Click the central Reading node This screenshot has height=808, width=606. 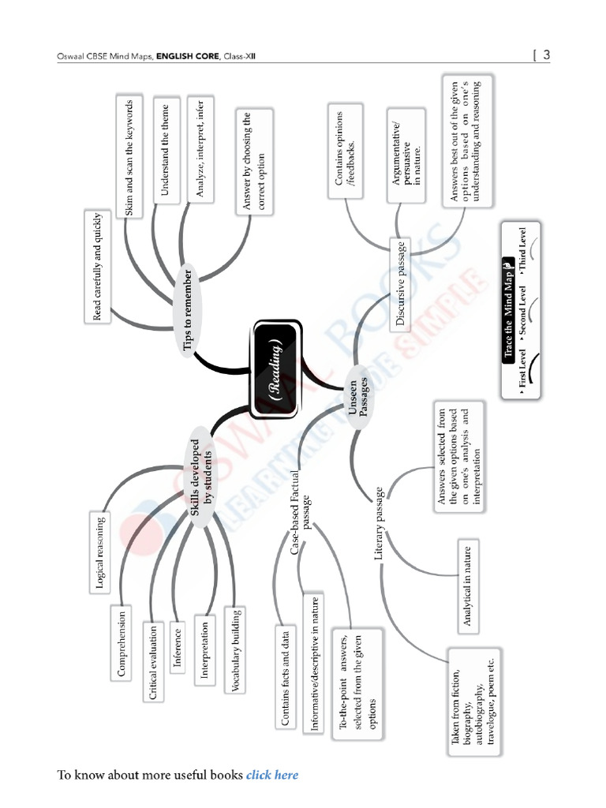[x=275, y=369]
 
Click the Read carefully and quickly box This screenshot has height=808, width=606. [x=97, y=265]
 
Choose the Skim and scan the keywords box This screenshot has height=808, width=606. [x=129, y=158]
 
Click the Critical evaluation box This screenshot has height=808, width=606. [x=153, y=662]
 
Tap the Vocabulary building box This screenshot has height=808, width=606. [x=235, y=649]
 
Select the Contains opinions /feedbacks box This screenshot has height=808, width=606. [x=346, y=148]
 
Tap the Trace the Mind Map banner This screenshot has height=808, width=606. [x=510, y=310]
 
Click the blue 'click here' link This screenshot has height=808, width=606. [x=272, y=775]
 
